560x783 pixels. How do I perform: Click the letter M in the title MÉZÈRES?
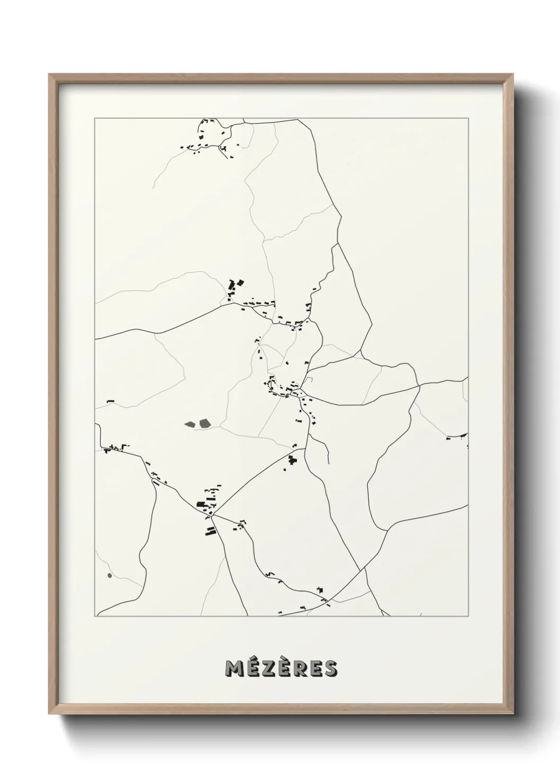(234, 668)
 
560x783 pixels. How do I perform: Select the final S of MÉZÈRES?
(330, 668)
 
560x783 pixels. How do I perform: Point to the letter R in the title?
(299, 668)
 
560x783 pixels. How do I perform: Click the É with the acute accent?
(251, 667)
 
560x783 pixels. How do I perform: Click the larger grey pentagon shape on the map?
(204, 423)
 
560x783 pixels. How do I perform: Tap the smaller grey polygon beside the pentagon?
(189, 423)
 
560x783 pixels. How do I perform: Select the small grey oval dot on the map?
(110, 575)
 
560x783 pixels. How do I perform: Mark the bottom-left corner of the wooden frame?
(49, 716)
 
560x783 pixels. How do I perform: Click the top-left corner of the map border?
(95, 118)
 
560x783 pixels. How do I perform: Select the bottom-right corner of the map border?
(468, 616)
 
